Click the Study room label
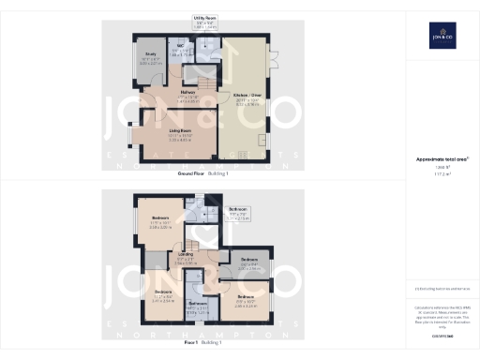149,55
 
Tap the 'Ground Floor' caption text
192,174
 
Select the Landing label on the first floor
187,253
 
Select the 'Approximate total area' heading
441,160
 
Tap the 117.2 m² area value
441,173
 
